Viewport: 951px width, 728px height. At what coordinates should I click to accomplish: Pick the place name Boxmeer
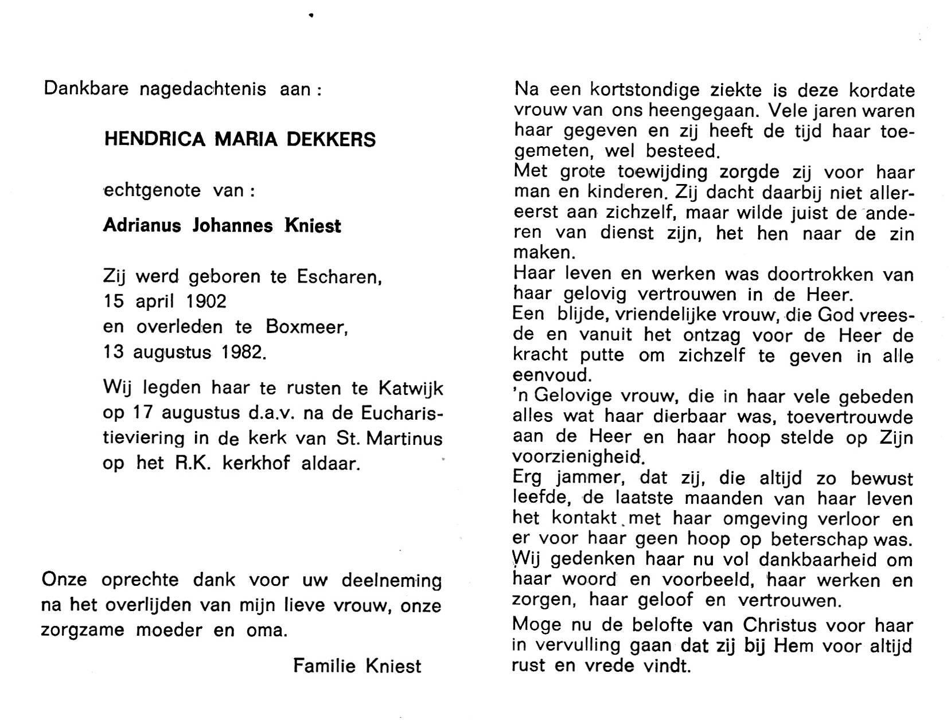[x=306, y=327]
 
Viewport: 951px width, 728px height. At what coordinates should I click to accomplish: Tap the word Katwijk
[x=410, y=388]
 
